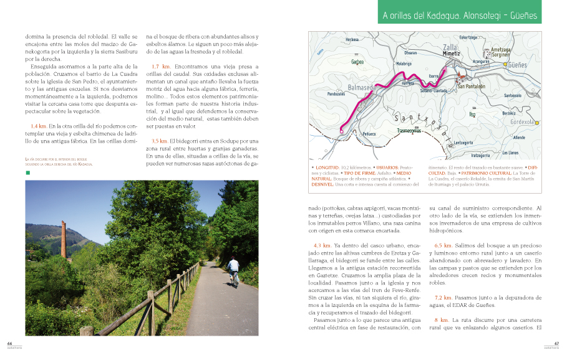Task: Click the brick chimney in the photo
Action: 63,240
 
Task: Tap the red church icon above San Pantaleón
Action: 461,78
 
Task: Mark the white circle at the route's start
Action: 341,131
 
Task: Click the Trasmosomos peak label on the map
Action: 409,131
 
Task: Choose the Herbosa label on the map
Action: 352,39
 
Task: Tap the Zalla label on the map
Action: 450,47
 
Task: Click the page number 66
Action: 9,343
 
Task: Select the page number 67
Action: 556,343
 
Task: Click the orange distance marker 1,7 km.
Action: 161,66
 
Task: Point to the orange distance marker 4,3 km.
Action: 322,245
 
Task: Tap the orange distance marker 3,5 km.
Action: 159,141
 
